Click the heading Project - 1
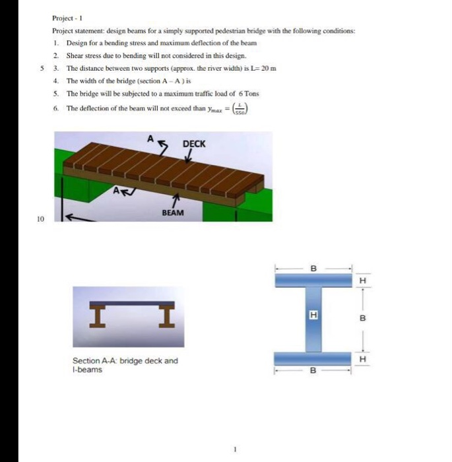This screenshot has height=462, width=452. tap(67, 18)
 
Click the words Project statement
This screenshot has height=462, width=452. tap(77, 31)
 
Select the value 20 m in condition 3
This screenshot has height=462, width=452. tap(269, 68)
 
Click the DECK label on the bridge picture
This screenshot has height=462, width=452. tap(193, 143)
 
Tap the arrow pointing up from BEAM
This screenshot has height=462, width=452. tap(176, 200)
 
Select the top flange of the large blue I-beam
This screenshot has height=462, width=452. tap(313, 280)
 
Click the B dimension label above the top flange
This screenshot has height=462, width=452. tap(313, 268)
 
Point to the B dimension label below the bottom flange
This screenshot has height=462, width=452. tap(313, 371)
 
